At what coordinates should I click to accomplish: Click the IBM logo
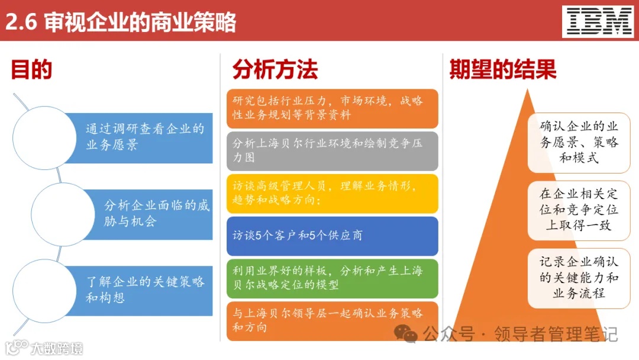pos(599,22)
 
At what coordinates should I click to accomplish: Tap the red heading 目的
pos(31,70)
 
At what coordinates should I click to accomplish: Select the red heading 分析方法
pos(275,70)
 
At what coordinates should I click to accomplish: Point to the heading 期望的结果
pos(503,70)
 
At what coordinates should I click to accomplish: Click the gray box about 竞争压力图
pos(332,151)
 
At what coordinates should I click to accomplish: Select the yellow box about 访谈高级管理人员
pos(332,193)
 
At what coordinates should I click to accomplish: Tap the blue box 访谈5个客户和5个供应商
pos(332,236)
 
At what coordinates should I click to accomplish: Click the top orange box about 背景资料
pos(332,108)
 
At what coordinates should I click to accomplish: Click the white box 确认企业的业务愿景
pos(579,143)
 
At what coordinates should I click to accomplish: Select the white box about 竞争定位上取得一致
pos(579,210)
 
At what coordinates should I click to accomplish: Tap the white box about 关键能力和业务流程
pos(579,278)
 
